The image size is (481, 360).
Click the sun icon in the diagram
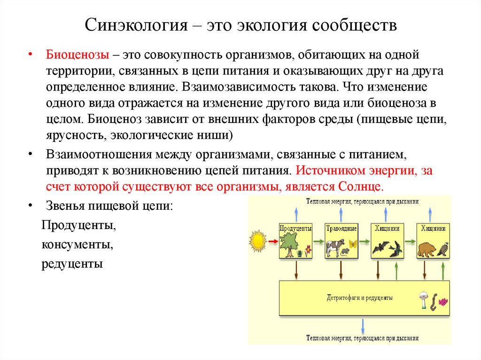tap(257, 241)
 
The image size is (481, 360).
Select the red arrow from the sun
tap(272, 241)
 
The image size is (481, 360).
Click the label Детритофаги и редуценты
tap(359, 298)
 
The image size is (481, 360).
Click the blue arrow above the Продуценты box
tap(296, 214)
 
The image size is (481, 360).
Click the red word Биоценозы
tap(78, 55)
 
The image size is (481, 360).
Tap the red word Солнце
tap(360, 185)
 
